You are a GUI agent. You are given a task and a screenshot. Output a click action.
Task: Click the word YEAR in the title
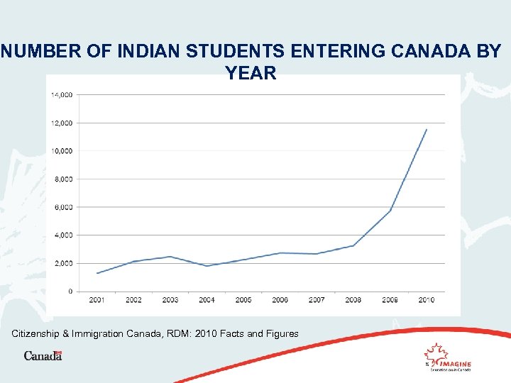tap(251, 72)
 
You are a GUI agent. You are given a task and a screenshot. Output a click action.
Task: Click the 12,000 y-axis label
tap(62, 123)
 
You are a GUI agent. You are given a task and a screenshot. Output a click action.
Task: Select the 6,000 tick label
tap(64, 207)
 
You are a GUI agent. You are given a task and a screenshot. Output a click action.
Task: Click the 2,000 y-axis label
tap(64, 263)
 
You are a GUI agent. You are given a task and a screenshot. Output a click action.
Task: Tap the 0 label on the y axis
tap(70, 292)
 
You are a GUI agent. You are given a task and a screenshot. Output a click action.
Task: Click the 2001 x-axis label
tap(97, 300)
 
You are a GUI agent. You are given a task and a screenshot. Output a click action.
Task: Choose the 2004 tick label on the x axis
tap(207, 300)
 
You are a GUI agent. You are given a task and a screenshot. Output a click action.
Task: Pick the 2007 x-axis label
tap(317, 300)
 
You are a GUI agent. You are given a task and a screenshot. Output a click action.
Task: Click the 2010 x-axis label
tap(427, 300)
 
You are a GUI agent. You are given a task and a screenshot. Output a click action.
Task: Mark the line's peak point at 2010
tap(427, 129)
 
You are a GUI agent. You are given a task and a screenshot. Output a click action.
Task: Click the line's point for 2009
tap(390, 211)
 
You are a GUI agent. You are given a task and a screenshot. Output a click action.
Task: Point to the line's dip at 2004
tap(207, 266)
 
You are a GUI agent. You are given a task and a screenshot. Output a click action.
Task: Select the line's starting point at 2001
tap(97, 273)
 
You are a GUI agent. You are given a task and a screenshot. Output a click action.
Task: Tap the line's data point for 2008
tap(353, 245)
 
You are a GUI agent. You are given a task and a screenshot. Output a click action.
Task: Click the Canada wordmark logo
tap(43, 355)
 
